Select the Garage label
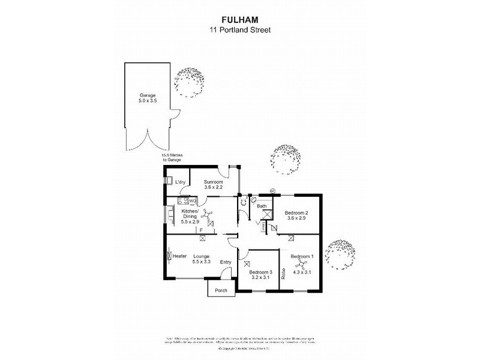(x=147, y=95)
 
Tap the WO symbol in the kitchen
(x=193, y=201)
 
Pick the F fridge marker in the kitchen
(x=202, y=230)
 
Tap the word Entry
(x=226, y=262)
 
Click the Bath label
(x=262, y=206)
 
